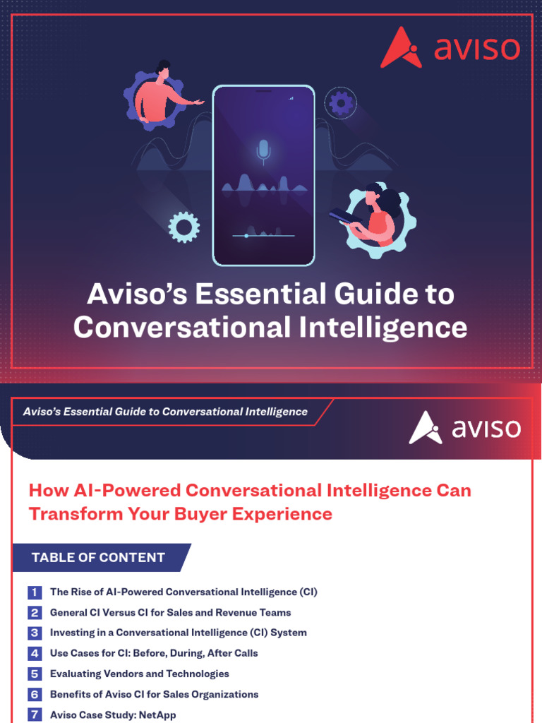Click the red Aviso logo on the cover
click(x=450, y=48)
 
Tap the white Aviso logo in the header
click(x=464, y=428)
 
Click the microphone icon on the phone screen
click(x=263, y=150)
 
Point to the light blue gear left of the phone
click(x=184, y=227)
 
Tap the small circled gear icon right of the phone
click(x=341, y=104)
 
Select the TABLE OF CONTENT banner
click(x=99, y=557)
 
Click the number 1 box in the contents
click(x=35, y=592)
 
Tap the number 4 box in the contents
click(x=35, y=653)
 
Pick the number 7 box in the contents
click(x=35, y=715)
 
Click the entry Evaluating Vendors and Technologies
click(x=139, y=674)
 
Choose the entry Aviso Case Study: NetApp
click(x=113, y=715)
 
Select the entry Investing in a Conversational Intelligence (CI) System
click(x=178, y=633)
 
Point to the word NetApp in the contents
click(x=158, y=715)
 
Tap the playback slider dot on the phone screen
click(x=246, y=235)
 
